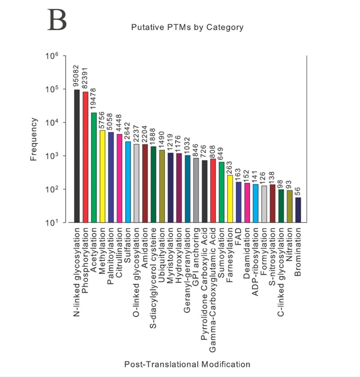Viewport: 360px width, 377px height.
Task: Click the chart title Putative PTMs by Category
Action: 187,27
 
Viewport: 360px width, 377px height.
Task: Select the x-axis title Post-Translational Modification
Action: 187,363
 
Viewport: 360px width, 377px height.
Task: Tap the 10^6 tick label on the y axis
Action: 52,56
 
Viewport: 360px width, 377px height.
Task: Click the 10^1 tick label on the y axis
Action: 52,223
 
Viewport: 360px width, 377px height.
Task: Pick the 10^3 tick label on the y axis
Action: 52,156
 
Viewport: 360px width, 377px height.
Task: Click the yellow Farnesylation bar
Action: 230,199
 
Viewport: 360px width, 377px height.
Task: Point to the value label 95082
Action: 77,77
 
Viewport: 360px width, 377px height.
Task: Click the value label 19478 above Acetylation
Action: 94,100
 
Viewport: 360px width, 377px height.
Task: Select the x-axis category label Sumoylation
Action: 221,252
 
